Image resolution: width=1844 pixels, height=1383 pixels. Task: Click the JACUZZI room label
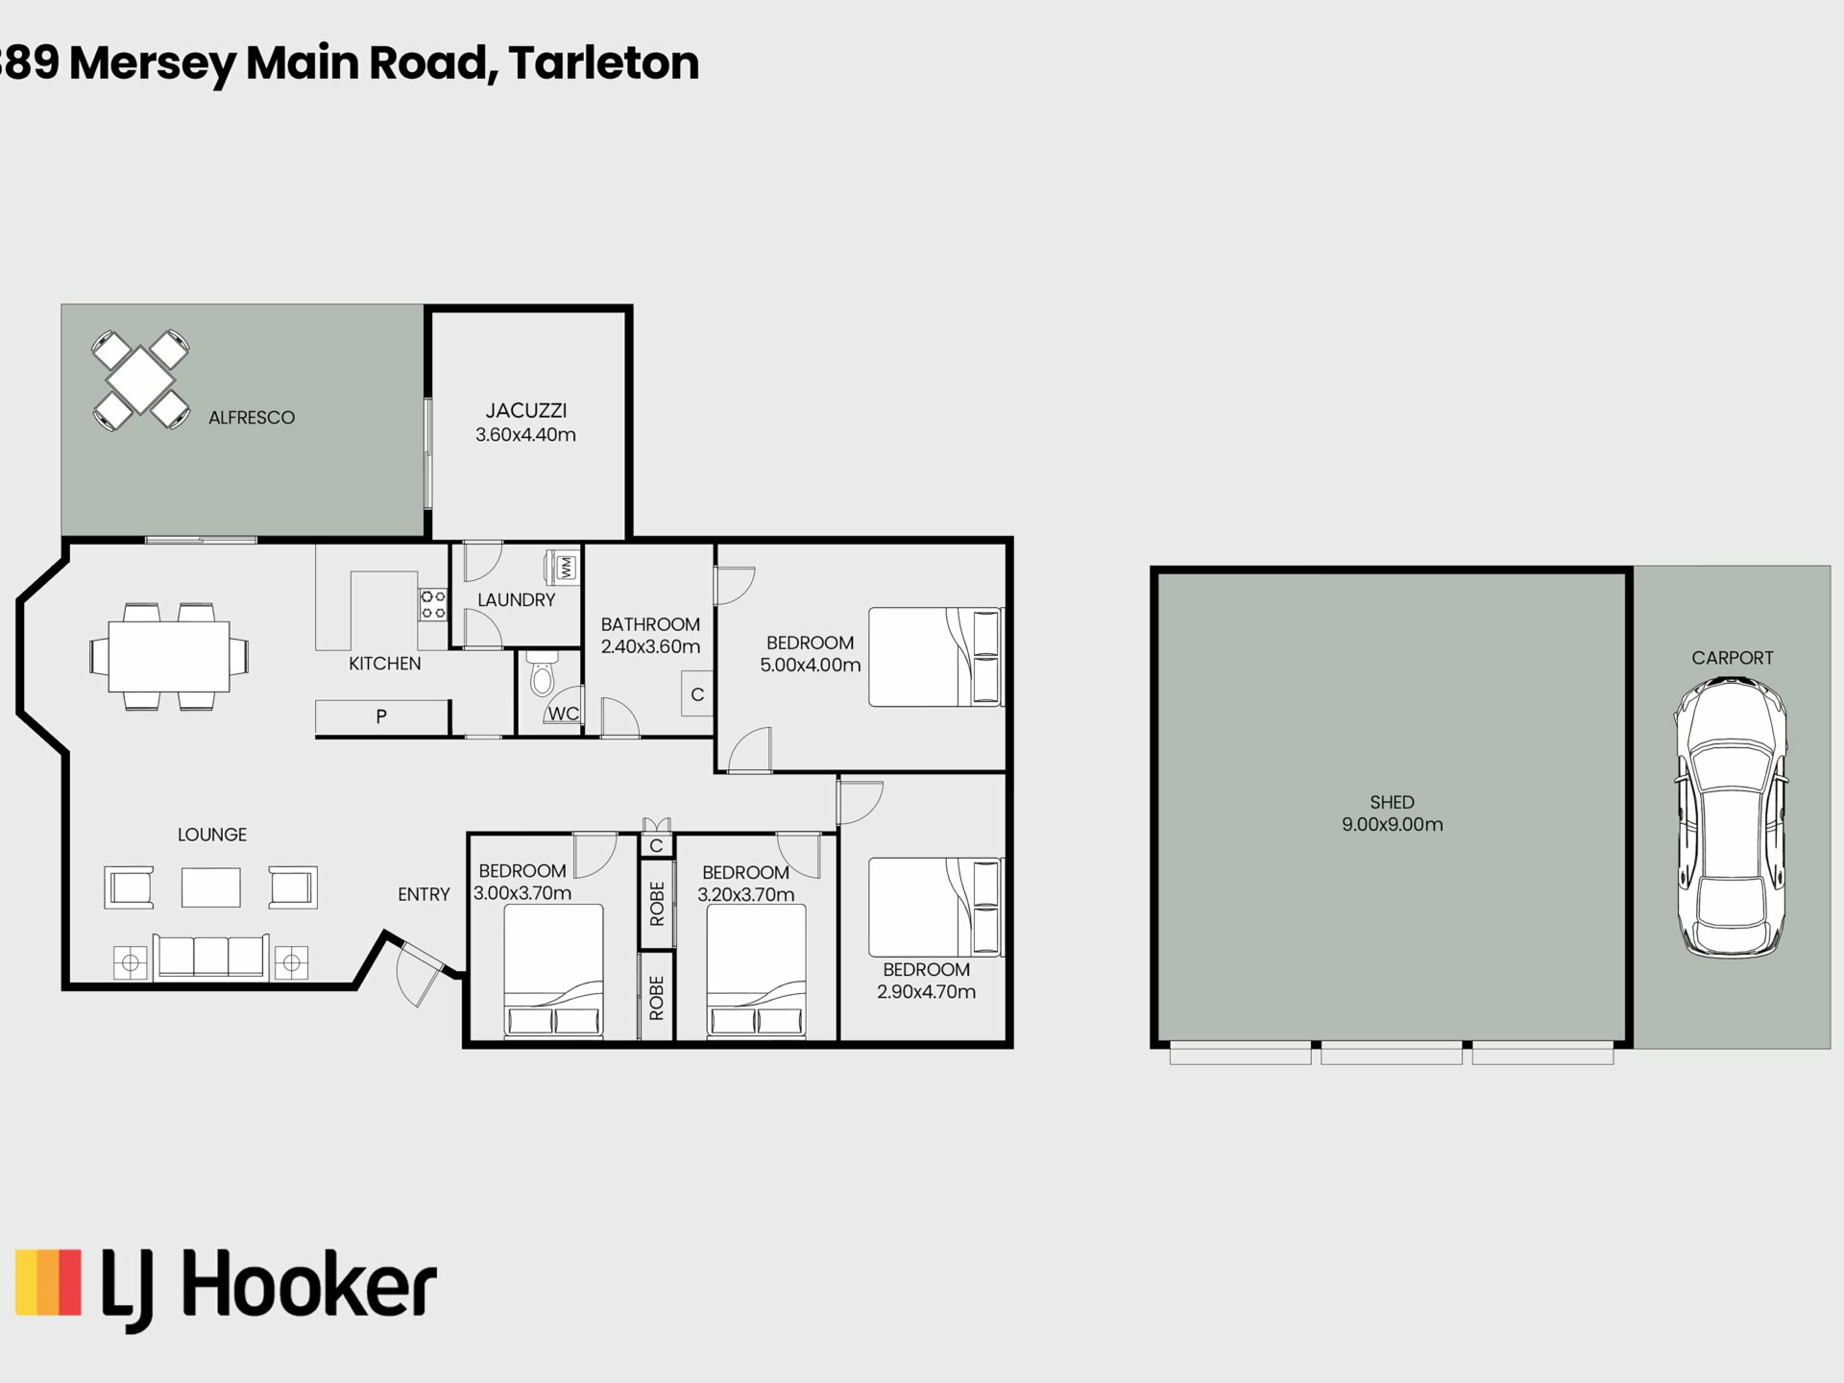525,411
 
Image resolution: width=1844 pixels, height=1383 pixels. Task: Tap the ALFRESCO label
252,418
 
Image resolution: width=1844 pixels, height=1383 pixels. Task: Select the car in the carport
1731,816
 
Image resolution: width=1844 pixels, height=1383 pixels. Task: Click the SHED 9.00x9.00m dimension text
1392,824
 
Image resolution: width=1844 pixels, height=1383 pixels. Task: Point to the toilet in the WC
543,671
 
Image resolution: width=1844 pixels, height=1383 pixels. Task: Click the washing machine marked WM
563,567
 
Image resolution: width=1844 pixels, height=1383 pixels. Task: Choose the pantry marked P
382,716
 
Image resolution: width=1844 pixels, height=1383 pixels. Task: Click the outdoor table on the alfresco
140,380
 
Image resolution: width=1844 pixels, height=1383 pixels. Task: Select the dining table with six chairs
169,657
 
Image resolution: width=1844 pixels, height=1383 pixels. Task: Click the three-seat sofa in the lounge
211,957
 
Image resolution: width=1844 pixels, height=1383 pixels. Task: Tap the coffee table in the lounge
211,887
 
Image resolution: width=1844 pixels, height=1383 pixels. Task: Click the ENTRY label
424,894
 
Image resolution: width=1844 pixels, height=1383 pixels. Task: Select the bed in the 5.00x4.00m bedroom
935,657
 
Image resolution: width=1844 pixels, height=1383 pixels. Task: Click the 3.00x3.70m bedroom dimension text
522,893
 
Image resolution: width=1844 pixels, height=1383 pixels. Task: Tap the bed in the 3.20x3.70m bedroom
757,971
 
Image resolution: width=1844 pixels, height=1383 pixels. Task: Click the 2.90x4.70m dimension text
926,992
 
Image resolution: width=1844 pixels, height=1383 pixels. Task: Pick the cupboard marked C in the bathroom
697,694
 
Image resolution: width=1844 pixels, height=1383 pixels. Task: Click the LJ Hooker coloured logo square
48,1282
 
